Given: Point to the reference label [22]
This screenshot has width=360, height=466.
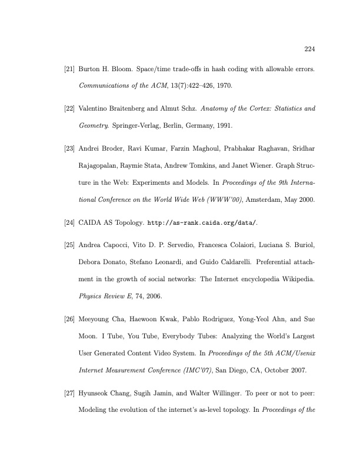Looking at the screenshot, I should (69, 109).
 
